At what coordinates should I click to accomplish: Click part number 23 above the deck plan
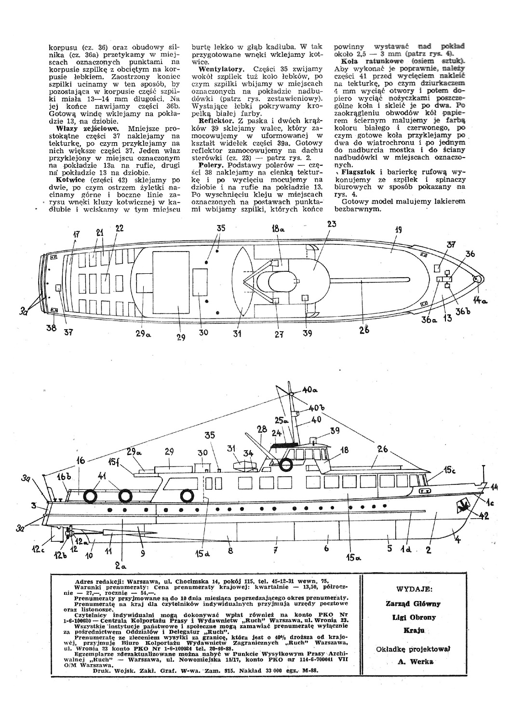click(x=332, y=224)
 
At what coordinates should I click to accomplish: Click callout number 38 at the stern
click(x=52, y=328)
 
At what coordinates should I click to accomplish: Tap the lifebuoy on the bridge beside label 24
click(x=286, y=465)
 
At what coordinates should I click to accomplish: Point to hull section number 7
click(x=276, y=550)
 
